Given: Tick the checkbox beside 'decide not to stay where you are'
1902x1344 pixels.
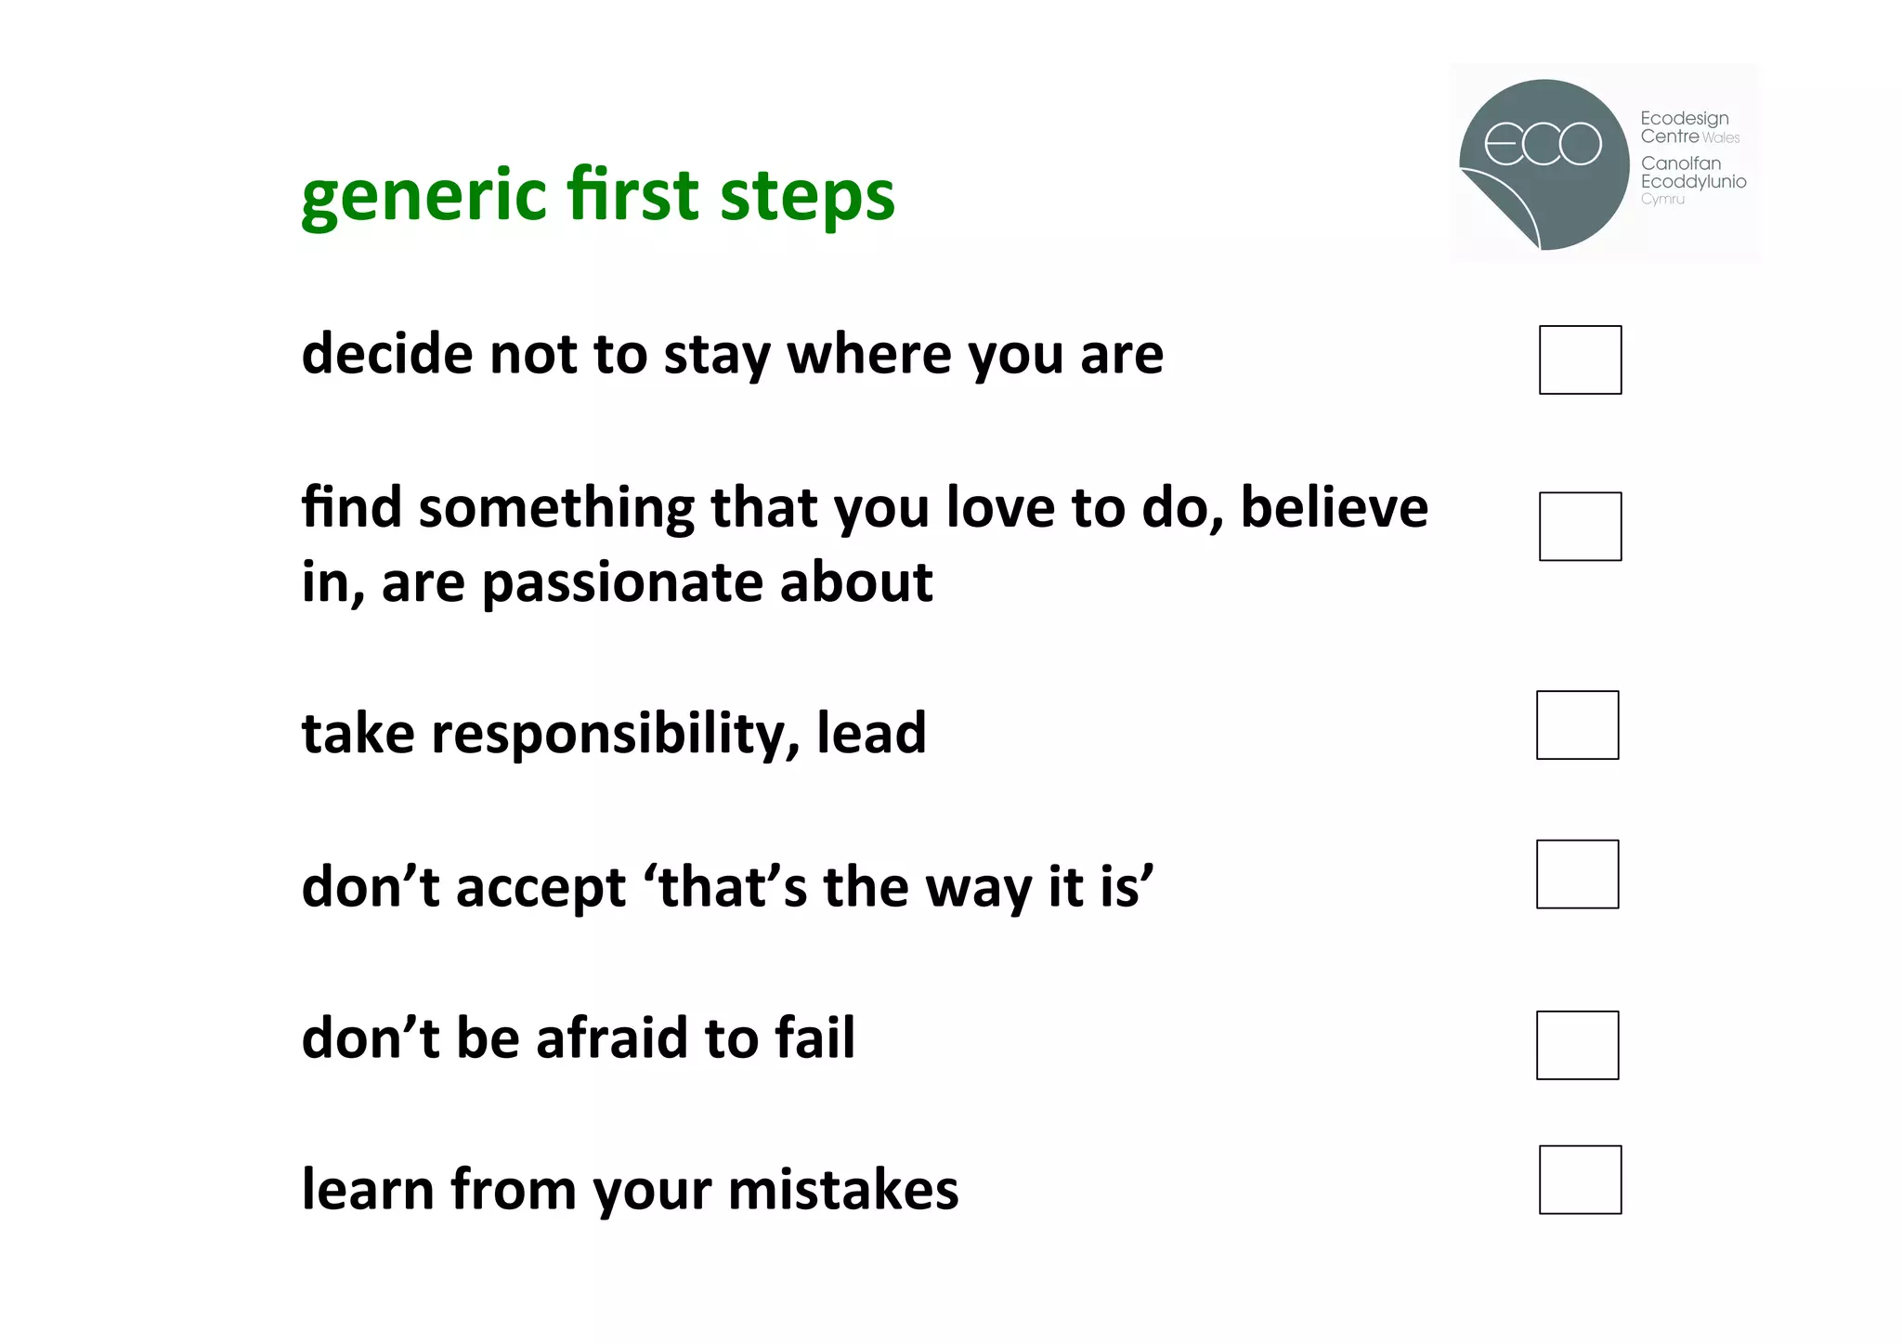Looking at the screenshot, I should point(1580,359).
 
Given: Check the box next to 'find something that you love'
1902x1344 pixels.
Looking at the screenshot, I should point(1580,527).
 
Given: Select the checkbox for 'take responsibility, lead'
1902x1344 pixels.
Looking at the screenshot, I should point(1577,724).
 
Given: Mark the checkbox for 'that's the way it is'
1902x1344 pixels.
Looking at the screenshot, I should point(1577,874).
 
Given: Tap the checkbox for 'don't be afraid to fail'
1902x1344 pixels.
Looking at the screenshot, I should point(1577,1045).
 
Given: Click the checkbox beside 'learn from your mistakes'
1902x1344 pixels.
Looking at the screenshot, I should point(1580,1180).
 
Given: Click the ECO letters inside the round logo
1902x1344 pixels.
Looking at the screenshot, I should point(1543,144).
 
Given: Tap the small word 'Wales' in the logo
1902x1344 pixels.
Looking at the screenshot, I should point(1721,138).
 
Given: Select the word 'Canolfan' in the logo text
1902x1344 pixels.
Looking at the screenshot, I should point(1680,163).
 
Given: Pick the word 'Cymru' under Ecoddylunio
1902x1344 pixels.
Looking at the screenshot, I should point(1662,199).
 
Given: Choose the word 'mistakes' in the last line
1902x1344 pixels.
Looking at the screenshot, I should point(843,1190).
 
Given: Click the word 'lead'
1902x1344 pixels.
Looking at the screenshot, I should point(871,733).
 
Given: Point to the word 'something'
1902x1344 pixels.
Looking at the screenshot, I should point(556,510).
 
